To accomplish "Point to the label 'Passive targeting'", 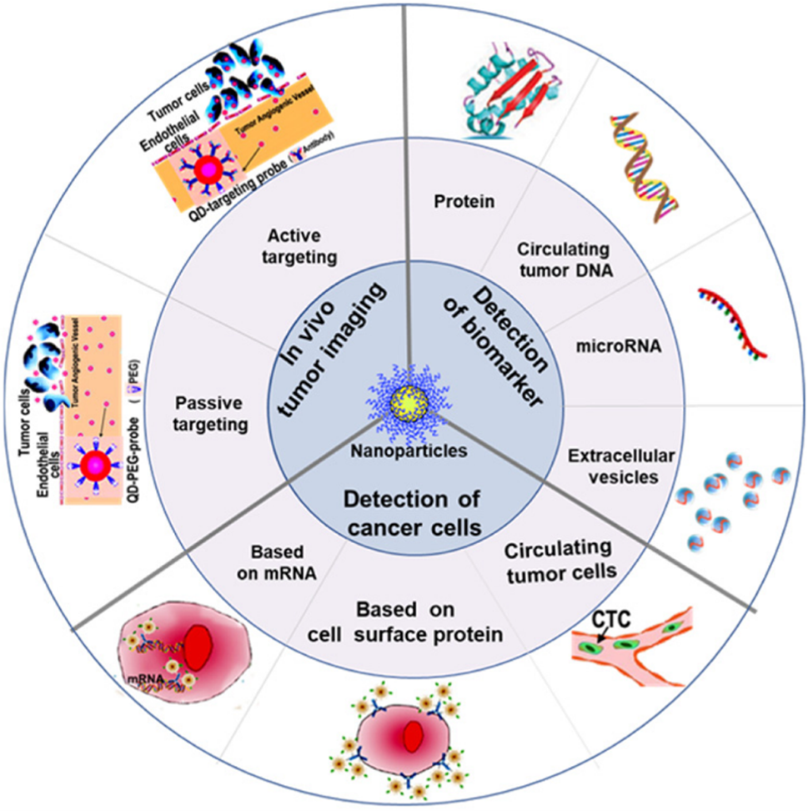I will (213, 415).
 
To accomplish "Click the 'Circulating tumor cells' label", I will (560, 561).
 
